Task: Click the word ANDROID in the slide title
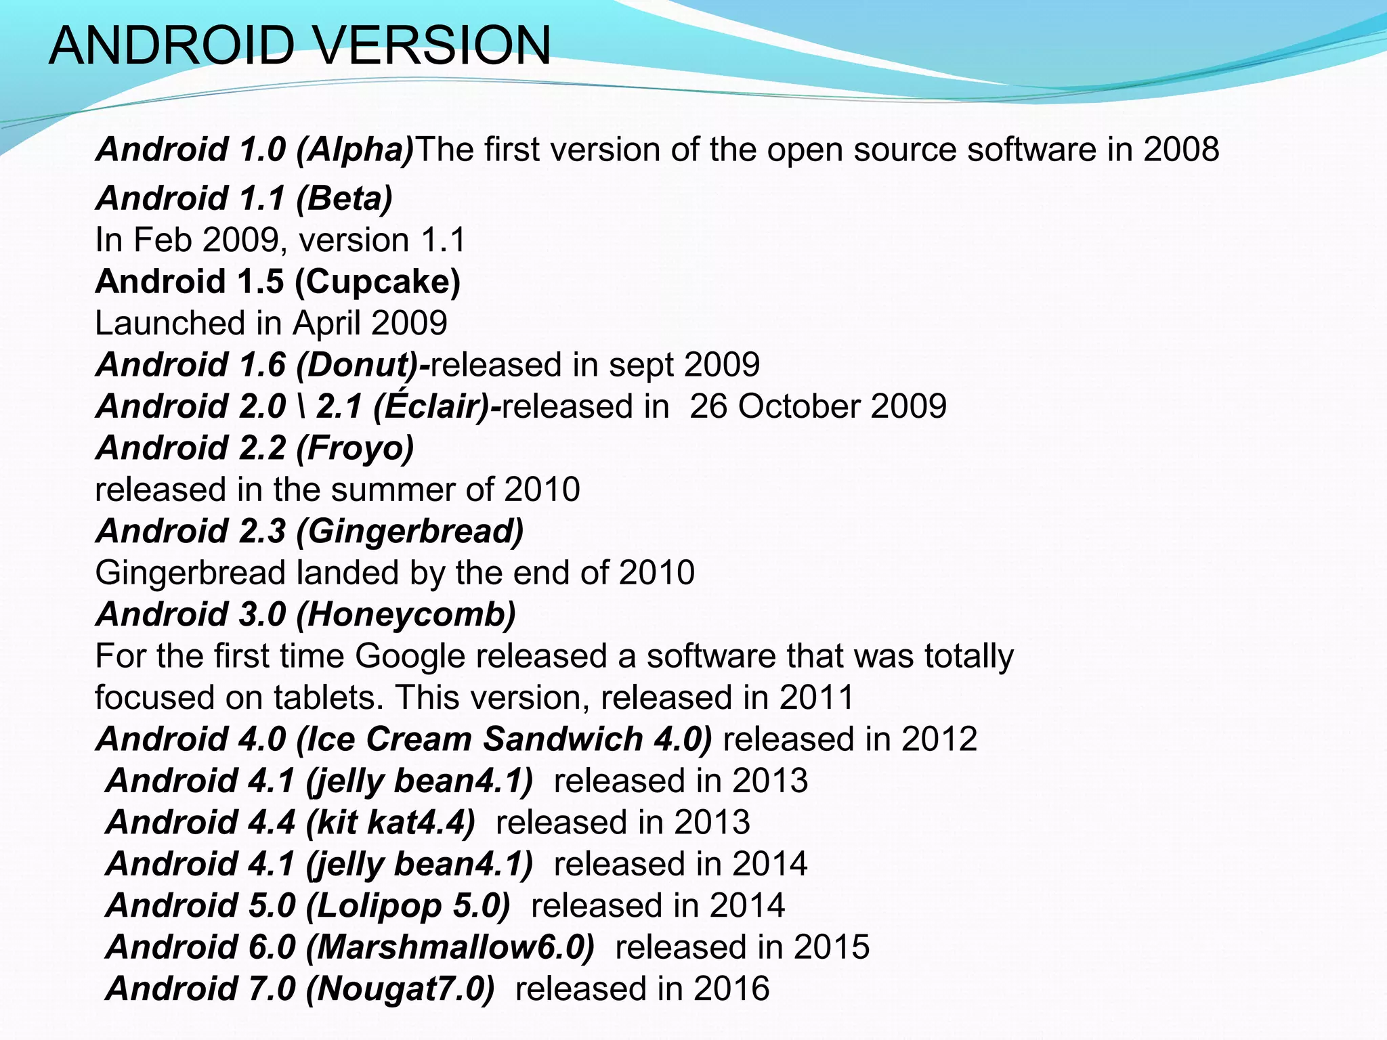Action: coord(172,45)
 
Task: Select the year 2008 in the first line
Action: coord(1181,149)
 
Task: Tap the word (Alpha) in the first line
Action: coord(355,150)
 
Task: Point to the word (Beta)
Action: coord(344,199)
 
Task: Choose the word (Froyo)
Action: coord(355,448)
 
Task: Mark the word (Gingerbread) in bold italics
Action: coord(410,532)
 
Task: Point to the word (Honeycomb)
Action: coord(406,615)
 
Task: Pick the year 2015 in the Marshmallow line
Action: coord(832,947)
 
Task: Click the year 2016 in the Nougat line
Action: coord(731,989)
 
